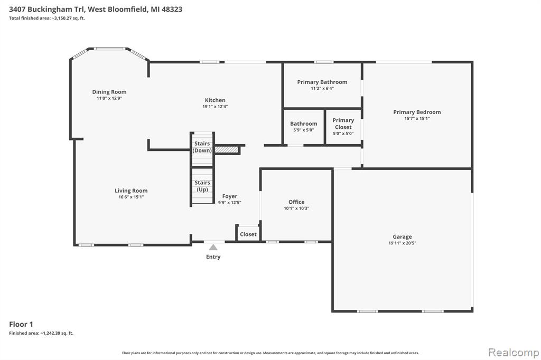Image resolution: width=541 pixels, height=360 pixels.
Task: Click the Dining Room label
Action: [x=109, y=92]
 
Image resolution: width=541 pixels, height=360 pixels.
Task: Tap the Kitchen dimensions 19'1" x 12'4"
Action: [x=215, y=107]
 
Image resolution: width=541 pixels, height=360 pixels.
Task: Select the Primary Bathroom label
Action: [x=322, y=82]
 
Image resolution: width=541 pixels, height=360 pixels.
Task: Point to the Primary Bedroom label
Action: [x=417, y=112]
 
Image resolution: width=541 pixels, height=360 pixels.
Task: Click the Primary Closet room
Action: [x=343, y=127]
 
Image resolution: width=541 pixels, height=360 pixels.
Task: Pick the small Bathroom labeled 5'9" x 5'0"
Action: [x=304, y=127]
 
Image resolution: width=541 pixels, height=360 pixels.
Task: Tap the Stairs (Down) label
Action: [x=202, y=147]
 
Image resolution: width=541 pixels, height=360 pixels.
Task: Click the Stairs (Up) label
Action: [x=202, y=186]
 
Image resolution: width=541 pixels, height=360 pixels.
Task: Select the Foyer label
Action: [x=229, y=196]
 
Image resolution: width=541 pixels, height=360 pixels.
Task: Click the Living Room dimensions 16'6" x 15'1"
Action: [x=131, y=197]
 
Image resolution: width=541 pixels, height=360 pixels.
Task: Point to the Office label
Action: [x=296, y=202]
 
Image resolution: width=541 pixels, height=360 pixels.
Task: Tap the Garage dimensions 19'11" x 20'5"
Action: [x=402, y=243]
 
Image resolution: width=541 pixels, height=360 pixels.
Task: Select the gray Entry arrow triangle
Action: [x=213, y=247]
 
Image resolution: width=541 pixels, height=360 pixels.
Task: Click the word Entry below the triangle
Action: [x=213, y=257]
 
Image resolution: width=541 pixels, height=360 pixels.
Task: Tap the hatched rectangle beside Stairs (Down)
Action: [x=227, y=150]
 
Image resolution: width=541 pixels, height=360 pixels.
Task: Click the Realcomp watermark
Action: [x=514, y=353]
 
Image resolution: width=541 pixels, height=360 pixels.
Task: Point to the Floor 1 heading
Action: [x=21, y=324]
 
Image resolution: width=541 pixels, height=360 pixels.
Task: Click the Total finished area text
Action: [x=47, y=18]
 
